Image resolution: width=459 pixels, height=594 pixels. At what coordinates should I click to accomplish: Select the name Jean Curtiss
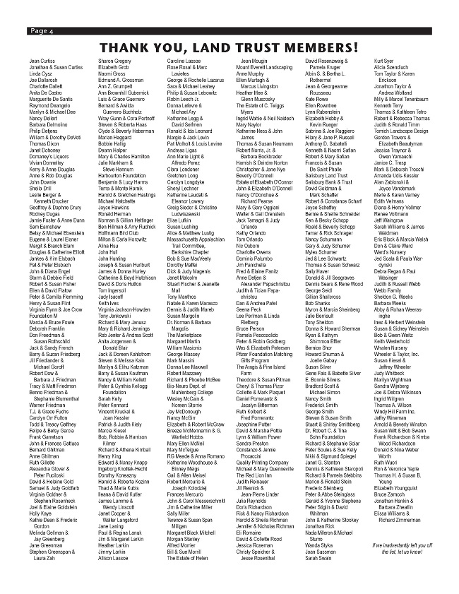(x=42, y=62)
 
